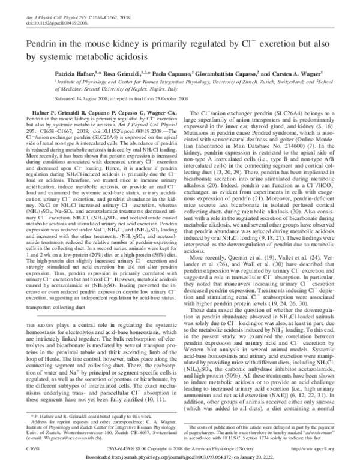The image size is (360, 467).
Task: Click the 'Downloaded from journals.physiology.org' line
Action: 180,459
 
